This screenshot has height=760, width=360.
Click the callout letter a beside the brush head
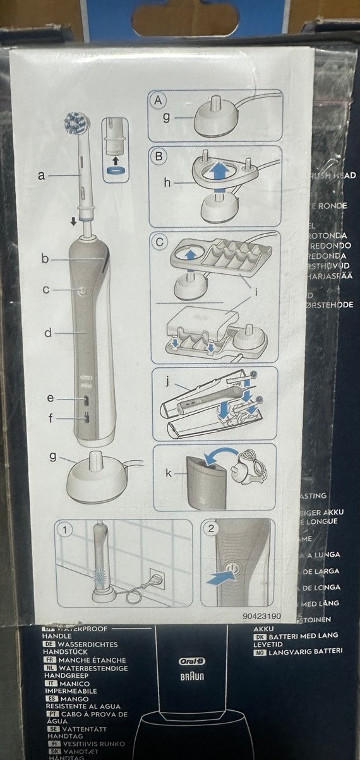41,176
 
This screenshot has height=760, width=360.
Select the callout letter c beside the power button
46,290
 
